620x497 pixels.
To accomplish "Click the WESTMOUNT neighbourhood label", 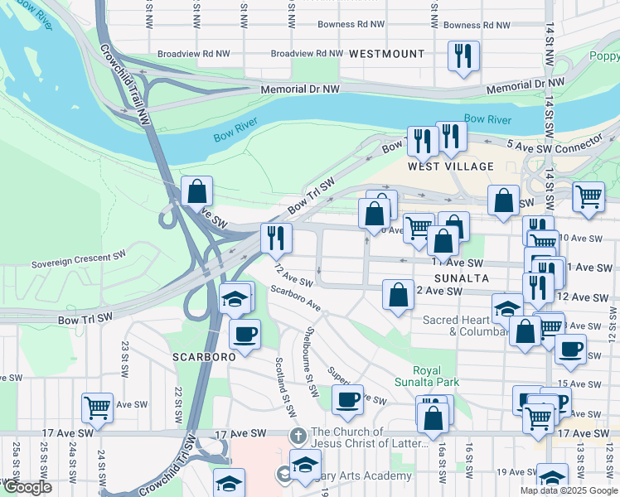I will pyautogui.click(x=386, y=54).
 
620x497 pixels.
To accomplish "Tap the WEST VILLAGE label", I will pyautogui.click(x=450, y=166).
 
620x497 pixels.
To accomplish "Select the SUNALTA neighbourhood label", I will pyautogui.click(x=460, y=278).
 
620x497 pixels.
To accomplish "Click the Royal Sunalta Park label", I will pyautogui.click(x=436, y=376).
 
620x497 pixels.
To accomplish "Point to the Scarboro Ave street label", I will pyautogui.click(x=295, y=298).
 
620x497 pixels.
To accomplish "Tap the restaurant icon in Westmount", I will pyautogui.click(x=463, y=56).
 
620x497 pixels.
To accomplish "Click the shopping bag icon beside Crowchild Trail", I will pyautogui.click(x=197, y=191).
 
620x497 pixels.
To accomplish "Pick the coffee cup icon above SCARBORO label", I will pyautogui.click(x=245, y=335).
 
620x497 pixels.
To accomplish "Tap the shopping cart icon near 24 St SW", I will pyautogui.click(x=97, y=408).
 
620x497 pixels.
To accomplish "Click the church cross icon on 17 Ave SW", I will pyautogui.click(x=298, y=436).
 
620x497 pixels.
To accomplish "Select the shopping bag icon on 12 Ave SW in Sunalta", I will pyautogui.click(x=398, y=295).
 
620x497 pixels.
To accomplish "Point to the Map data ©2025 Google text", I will pyautogui.click(x=568, y=490).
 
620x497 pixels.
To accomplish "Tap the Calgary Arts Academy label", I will pyautogui.click(x=364, y=475).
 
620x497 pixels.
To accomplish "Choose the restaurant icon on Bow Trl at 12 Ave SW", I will pyautogui.click(x=275, y=238).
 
